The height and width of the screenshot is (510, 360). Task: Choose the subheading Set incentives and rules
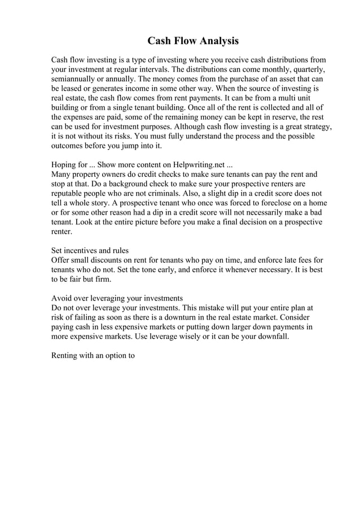click(90, 251)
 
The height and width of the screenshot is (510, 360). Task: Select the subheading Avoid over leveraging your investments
click(117, 298)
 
